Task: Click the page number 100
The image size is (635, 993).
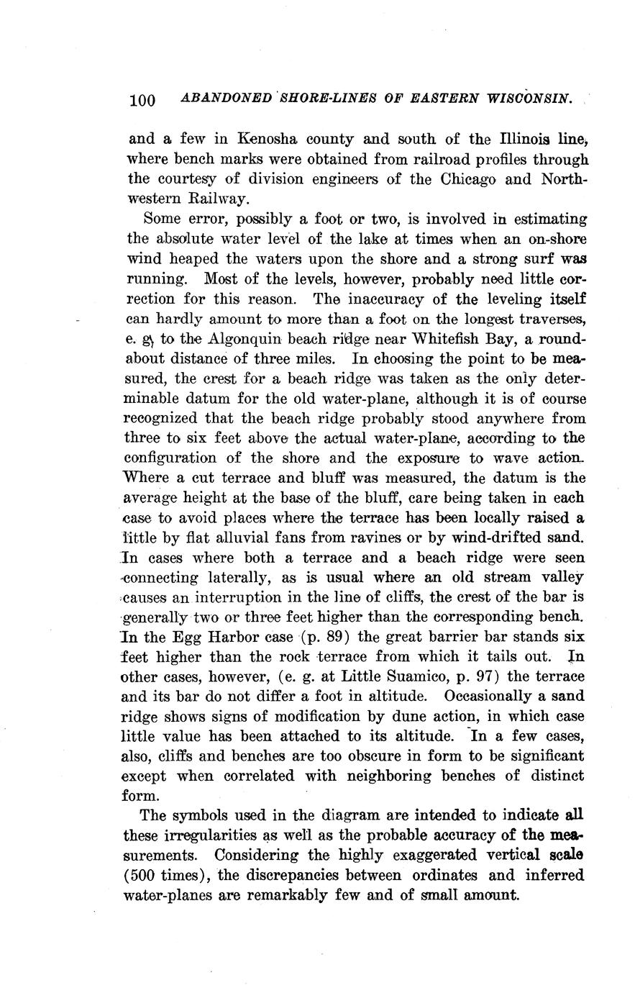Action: tap(142, 100)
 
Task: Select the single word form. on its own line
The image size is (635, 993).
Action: tap(141, 796)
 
